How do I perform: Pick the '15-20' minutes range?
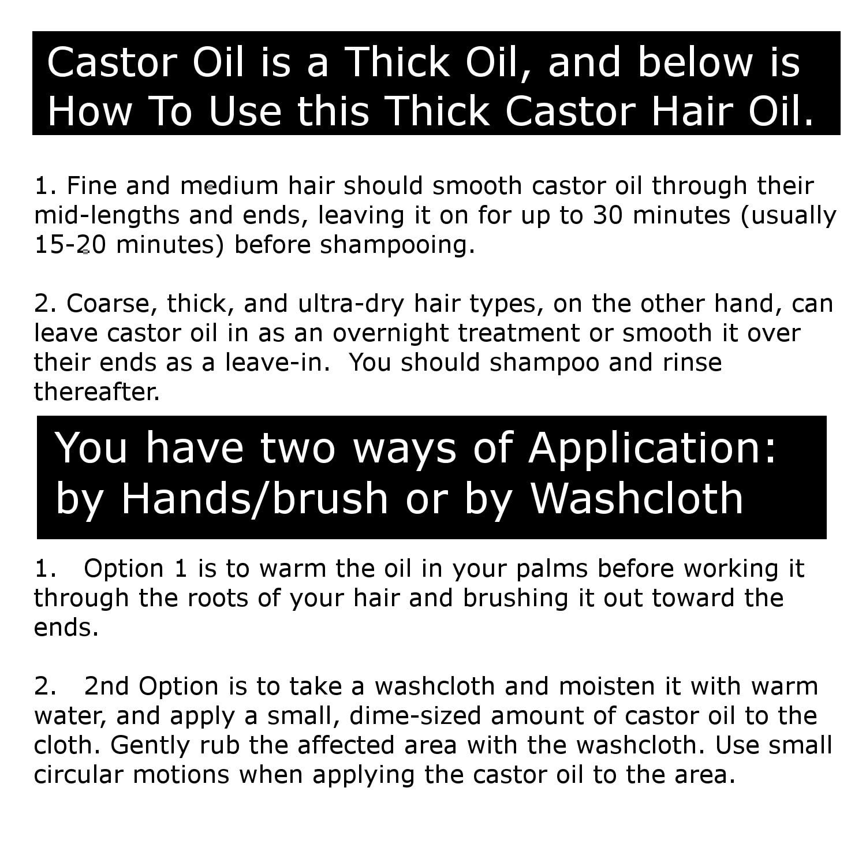pyautogui.click(x=69, y=245)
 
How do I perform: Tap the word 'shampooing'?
pyautogui.click(x=397, y=245)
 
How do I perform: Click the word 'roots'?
pyautogui.click(x=216, y=598)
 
